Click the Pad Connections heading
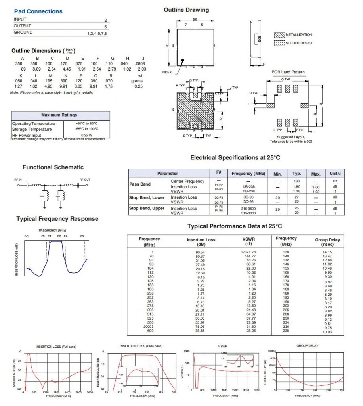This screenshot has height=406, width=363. pyautogui.click(x=38, y=11)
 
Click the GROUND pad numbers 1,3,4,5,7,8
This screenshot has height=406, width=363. pyautogui.click(x=97, y=34)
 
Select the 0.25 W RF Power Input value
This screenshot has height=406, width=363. pyautogui.click(x=86, y=135)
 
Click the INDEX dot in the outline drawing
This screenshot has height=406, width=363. pyautogui.click(x=183, y=61)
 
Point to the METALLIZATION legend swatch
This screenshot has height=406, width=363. pyautogui.click(x=279, y=35)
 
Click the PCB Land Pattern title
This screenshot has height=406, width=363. pyautogui.click(x=288, y=72)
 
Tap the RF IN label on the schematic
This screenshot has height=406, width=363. pyautogui.click(x=18, y=180)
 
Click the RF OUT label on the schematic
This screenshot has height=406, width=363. pyautogui.click(x=85, y=180)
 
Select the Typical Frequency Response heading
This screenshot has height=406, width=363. pyautogui.click(x=57, y=219)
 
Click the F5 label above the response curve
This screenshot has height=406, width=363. pyautogui.click(x=82, y=236)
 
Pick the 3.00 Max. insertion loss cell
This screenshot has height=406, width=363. pyautogui.click(x=316, y=187)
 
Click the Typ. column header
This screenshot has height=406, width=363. pyautogui.click(x=297, y=174)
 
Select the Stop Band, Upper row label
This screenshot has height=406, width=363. pyautogui.click(x=147, y=208)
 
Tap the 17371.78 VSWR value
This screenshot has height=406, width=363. pyautogui.click(x=249, y=252)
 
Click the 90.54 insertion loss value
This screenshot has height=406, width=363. pyautogui.click(x=200, y=252)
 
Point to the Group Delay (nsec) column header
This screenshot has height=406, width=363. pyautogui.click(x=327, y=242)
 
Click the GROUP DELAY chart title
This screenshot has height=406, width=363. pyautogui.click(x=307, y=346)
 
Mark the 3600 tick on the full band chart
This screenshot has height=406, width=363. pyautogui.click(x=89, y=392)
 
